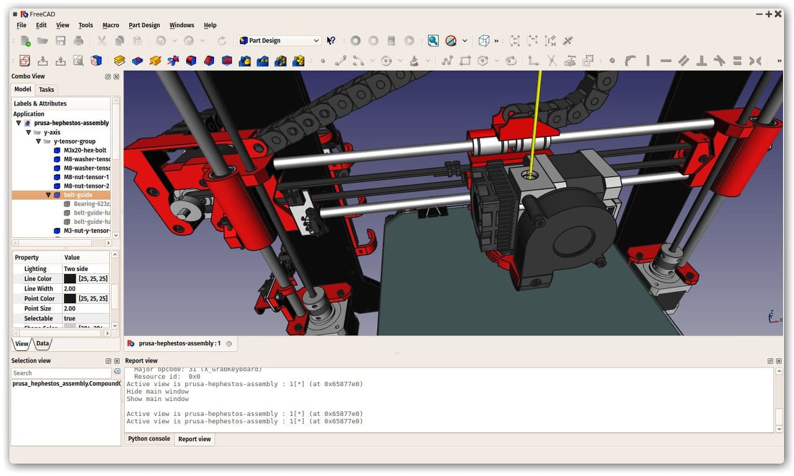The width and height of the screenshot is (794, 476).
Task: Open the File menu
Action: pos(21,25)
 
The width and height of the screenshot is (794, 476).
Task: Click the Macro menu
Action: pos(110,25)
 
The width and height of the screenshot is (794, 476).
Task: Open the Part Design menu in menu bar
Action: pos(144,25)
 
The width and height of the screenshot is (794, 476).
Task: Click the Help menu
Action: pos(210,25)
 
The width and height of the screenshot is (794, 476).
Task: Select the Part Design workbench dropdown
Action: pos(279,40)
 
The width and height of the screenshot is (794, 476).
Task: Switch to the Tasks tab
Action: pos(47,90)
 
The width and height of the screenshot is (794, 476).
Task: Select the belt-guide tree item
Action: pos(78,195)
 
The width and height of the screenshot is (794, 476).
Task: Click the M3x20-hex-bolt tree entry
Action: pos(85,151)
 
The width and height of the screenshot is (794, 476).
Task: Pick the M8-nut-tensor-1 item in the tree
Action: pos(86,177)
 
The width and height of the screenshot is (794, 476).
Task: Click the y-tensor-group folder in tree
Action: pos(74,142)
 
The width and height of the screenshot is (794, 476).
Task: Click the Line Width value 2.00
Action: pos(69,289)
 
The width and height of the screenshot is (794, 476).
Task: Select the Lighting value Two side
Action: pos(76,269)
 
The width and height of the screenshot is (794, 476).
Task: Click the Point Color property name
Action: pos(39,299)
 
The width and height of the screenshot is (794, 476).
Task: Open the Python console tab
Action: pos(149,439)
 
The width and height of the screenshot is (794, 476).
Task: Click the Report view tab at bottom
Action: pos(194,439)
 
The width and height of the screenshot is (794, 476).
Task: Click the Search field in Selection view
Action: pos(61,373)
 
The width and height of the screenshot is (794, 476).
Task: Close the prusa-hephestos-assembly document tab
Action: pos(229,343)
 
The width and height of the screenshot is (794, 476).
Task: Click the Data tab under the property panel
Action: pos(42,343)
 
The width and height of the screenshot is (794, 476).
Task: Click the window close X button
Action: pos(778,14)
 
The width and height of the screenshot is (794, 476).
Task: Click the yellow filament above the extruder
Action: pos(537,118)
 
